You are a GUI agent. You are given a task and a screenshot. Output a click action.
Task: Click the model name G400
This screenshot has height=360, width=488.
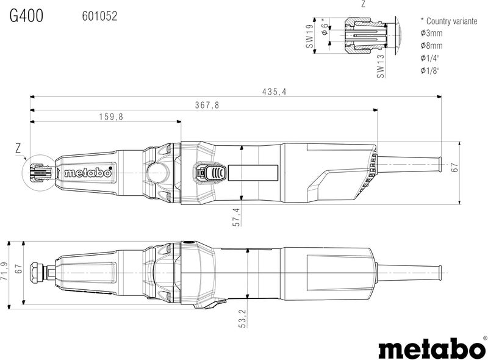[x=26, y=16]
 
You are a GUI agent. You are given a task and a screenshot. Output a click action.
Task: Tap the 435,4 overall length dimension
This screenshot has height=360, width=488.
[x=274, y=92]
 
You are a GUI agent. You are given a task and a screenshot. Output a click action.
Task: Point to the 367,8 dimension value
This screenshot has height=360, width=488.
[x=207, y=105]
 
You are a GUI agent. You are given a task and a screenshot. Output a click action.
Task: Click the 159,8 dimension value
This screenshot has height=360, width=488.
[x=111, y=117]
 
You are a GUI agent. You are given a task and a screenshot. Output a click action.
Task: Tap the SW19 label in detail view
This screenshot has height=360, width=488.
[x=309, y=37]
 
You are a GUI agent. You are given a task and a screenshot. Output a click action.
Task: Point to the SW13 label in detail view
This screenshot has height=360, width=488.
[x=380, y=66]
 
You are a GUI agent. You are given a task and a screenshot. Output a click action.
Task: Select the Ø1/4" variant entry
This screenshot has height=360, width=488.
[x=431, y=58]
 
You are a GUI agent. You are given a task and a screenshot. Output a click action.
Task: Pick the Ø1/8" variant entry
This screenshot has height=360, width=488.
[x=431, y=71]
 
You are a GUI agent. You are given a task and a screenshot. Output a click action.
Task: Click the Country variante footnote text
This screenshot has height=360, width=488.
[x=448, y=20]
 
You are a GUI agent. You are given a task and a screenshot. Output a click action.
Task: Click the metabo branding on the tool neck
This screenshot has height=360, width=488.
[x=88, y=173]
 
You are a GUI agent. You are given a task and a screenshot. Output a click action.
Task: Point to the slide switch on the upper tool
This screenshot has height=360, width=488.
[x=210, y=173]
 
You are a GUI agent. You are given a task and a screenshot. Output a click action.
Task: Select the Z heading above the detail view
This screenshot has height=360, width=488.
[x=364, y=4]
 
